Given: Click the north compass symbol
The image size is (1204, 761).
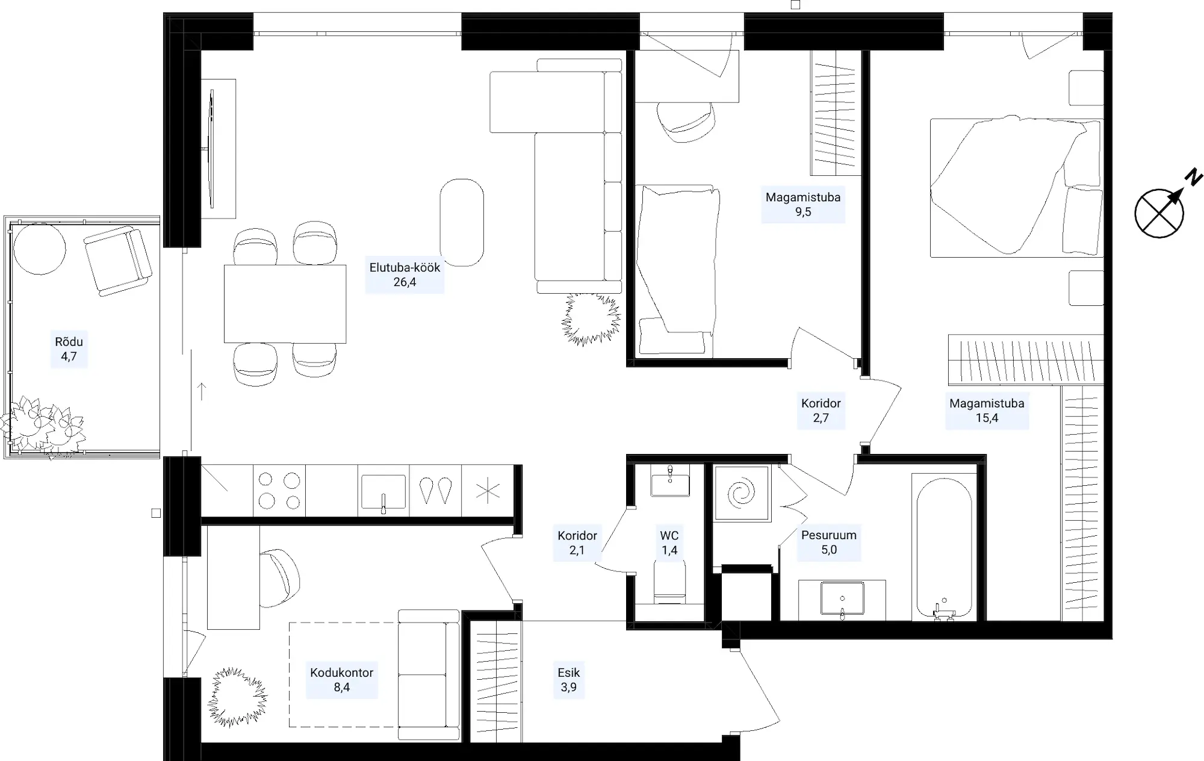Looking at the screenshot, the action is coord(1159,213).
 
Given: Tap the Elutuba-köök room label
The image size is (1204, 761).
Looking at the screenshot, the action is coord(405,275).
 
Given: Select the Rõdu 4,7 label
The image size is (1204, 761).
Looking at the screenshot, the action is coord(69,349).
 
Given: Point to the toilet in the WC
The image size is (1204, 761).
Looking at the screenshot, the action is coord(669,582).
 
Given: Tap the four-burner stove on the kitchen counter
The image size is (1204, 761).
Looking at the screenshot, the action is coord(279,491).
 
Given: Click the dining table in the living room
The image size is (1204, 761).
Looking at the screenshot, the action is coord(285,304).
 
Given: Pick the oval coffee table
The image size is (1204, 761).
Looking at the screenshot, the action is coord(462,223).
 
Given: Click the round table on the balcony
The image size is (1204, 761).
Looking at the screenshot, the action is coord(40,249).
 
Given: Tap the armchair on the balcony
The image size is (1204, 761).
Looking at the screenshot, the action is coord(117,261).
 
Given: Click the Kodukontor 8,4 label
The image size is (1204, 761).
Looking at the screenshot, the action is coord(341,680).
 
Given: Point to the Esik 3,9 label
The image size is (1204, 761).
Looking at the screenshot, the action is coord(568,680).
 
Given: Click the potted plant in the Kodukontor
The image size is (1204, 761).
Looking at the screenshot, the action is coord(237,697).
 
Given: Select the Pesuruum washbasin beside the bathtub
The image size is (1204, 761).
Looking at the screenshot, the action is coord(842,599).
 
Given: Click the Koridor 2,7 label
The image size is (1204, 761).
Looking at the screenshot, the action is coord(821,411).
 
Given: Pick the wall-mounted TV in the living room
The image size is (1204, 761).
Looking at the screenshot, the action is coord(211,148).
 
